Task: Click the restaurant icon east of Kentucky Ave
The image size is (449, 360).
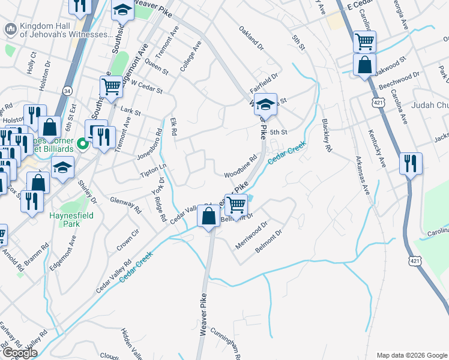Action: (411, 164)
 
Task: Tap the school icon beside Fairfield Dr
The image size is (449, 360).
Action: (265, 104)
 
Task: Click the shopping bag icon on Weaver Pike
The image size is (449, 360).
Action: (209, 217)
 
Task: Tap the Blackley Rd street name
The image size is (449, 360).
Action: (327, 136)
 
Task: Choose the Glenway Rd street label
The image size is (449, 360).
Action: (125, 204)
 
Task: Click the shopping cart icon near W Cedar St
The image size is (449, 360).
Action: (111, 86)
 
